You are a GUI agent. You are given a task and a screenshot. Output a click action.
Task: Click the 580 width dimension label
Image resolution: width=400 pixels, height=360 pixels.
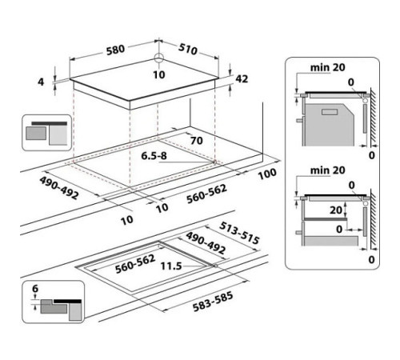point(115,50)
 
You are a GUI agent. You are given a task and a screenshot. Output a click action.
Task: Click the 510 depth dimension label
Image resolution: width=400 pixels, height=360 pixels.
point(188,49)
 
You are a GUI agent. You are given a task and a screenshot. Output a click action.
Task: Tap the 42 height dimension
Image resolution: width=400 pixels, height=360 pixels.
point(242,78)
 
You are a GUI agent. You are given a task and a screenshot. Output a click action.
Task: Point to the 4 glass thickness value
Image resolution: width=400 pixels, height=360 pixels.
point(41,82)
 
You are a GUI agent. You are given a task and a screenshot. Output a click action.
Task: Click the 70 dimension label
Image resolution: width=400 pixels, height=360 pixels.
point(197,141)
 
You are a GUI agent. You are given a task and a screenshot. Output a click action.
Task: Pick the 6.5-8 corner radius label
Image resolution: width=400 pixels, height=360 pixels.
point(154,156)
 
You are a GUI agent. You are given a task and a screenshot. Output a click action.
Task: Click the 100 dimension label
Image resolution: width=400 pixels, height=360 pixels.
point(267,174)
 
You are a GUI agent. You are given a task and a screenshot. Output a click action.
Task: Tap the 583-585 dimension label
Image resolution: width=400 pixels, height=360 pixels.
point(213,302)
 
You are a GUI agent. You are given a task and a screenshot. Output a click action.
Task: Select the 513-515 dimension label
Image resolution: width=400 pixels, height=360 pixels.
point(239,233)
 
